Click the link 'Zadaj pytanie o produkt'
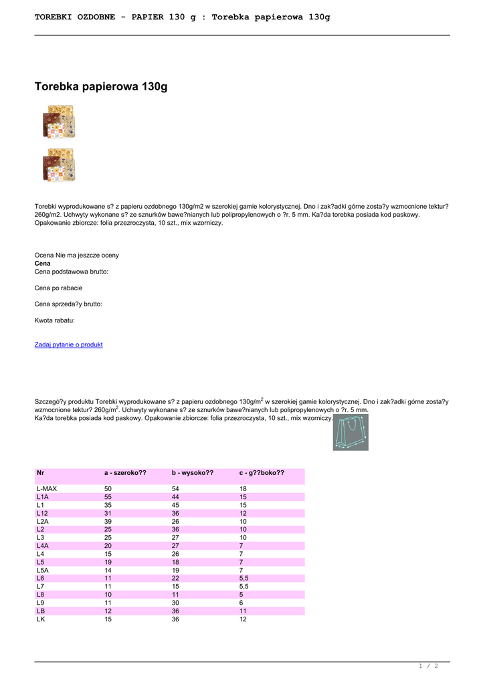coord(68,345)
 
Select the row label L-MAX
coord(47,489)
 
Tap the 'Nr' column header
coord(40,473)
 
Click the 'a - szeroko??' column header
coord(124,473)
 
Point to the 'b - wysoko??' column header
coord(192,473)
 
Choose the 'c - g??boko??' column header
coord(262,473)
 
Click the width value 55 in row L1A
coord(108,497)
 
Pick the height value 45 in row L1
coord(176,505)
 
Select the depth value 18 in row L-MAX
coord(244,489)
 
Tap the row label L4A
coord(43,546)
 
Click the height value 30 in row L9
coord(176,603)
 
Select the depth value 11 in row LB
coord(244,611)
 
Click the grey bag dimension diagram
coord(351,432)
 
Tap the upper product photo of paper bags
coord(59,121)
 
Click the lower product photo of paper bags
coord(59,165)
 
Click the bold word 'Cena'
coord(42,264)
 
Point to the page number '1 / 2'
coord(428,666)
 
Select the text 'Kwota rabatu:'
coord(55,320)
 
